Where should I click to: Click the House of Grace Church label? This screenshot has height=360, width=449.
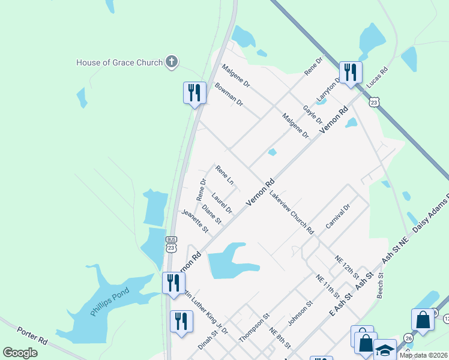(119, 62)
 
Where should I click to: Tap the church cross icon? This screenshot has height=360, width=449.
(172, 62)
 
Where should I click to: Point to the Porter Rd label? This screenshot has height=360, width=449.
(32, 335)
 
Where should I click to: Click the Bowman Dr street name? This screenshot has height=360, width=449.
(229, 95)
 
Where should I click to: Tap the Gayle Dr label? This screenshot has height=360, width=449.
(313, 112)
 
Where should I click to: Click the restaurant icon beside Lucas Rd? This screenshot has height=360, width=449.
(349, 73)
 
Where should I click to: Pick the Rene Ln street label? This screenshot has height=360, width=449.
(224, 175)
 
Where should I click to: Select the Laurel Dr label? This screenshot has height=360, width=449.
(221, 203)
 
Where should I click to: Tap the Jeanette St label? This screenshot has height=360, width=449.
(195, 221)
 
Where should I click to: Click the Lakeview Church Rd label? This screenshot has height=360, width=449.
(292, 212)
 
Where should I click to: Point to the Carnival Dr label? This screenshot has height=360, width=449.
(337, 216)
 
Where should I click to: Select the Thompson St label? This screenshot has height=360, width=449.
(255, 326)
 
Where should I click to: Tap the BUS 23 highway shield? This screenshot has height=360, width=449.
(171, 243)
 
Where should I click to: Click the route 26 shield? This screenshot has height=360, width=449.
(408, 338)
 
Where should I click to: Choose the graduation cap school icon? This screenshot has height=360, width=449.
(385, 349)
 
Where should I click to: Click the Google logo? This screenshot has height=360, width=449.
(20, 353)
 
